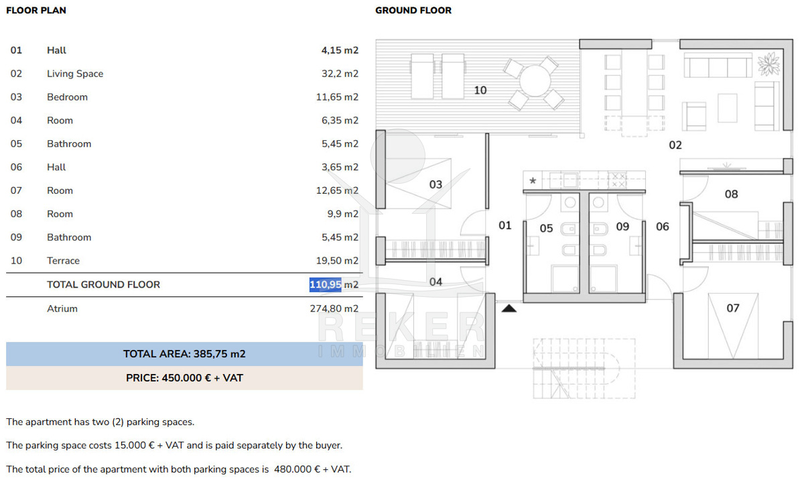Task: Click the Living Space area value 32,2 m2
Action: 340,74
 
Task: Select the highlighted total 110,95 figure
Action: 325,284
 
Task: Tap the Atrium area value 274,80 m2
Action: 334,308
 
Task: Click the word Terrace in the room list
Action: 63,260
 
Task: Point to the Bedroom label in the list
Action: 67,97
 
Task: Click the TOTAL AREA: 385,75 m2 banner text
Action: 184,354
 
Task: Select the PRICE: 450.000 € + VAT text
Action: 184,378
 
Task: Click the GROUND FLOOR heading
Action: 413,11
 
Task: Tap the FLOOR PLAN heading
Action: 36,11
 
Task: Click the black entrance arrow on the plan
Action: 509,308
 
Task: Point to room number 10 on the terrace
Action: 480,90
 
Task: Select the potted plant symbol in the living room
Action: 769,64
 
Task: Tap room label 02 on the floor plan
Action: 675,145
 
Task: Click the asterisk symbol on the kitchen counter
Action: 533,181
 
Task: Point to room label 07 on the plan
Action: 733,308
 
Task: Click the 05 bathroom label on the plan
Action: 546,229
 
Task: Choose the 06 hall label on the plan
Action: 663,227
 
